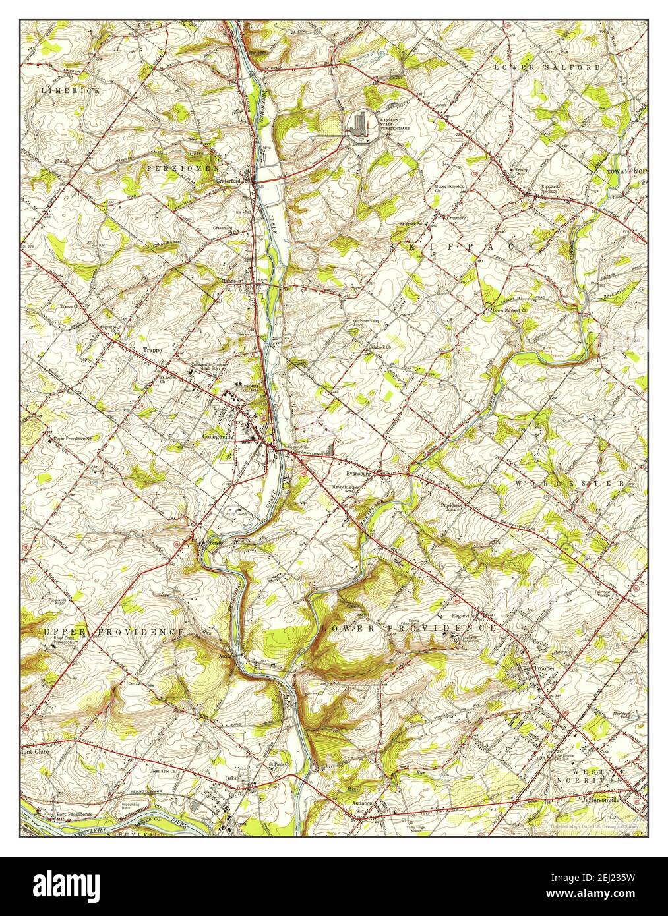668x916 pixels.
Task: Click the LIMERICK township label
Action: [x=71, y=90]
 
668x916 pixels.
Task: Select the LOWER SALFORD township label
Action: [x=548, y=67]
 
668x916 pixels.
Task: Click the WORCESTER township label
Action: [x=569, y=484]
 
